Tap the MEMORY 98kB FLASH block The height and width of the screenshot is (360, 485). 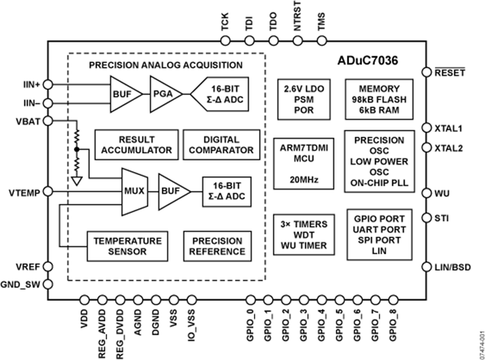(379, 99)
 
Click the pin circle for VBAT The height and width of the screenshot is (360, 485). (47, 121)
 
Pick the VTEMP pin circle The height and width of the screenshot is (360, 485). (47, 191)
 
